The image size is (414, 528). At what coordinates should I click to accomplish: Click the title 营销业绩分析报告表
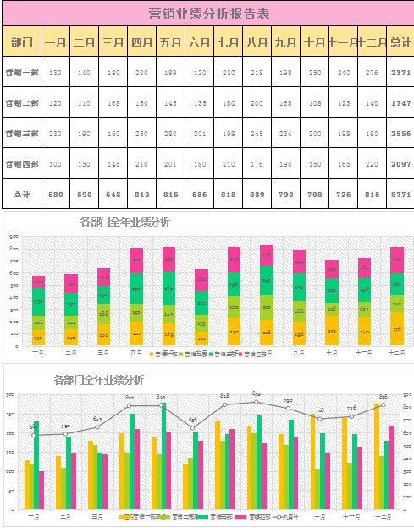click(x=208, y=14)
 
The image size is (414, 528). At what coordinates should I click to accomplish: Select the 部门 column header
click(x=22, y=42)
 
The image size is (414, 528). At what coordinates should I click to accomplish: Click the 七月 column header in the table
click(x=228, y=42)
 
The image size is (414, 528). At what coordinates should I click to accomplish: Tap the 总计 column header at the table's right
click(x=400, y=42)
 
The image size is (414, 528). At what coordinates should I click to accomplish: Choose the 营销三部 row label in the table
click(x=22, y=133)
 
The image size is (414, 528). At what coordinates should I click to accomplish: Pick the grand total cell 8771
click(x=400, y=194)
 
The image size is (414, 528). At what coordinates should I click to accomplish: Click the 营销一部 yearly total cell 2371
click(x=400, y=73)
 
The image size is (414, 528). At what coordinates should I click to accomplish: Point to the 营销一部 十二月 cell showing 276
click(x=372, y=73)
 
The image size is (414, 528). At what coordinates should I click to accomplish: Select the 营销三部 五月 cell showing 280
click(x=170, y=133)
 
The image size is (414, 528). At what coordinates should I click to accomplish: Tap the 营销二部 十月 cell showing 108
click(x=315, y=102)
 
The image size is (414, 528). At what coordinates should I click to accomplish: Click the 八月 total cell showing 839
click(x=257, y=194)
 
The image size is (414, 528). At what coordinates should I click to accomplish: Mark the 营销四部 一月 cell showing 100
click(x=56, y=163)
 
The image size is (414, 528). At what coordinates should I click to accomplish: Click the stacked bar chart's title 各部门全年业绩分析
click(x=124, y=223)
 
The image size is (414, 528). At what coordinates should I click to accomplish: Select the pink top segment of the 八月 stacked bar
click(x=267, y=255)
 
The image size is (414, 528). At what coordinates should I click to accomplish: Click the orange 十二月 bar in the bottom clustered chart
click(x=377, y=457)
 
